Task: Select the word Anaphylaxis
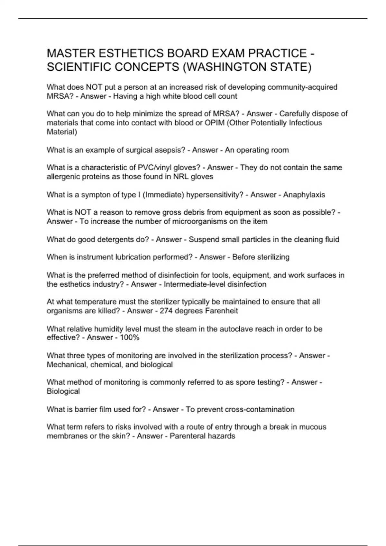pos(304,195)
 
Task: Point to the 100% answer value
pos(129,338)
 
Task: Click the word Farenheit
pos(222,311)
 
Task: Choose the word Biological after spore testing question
pos(63,391)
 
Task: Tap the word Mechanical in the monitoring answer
pos(67,365)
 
